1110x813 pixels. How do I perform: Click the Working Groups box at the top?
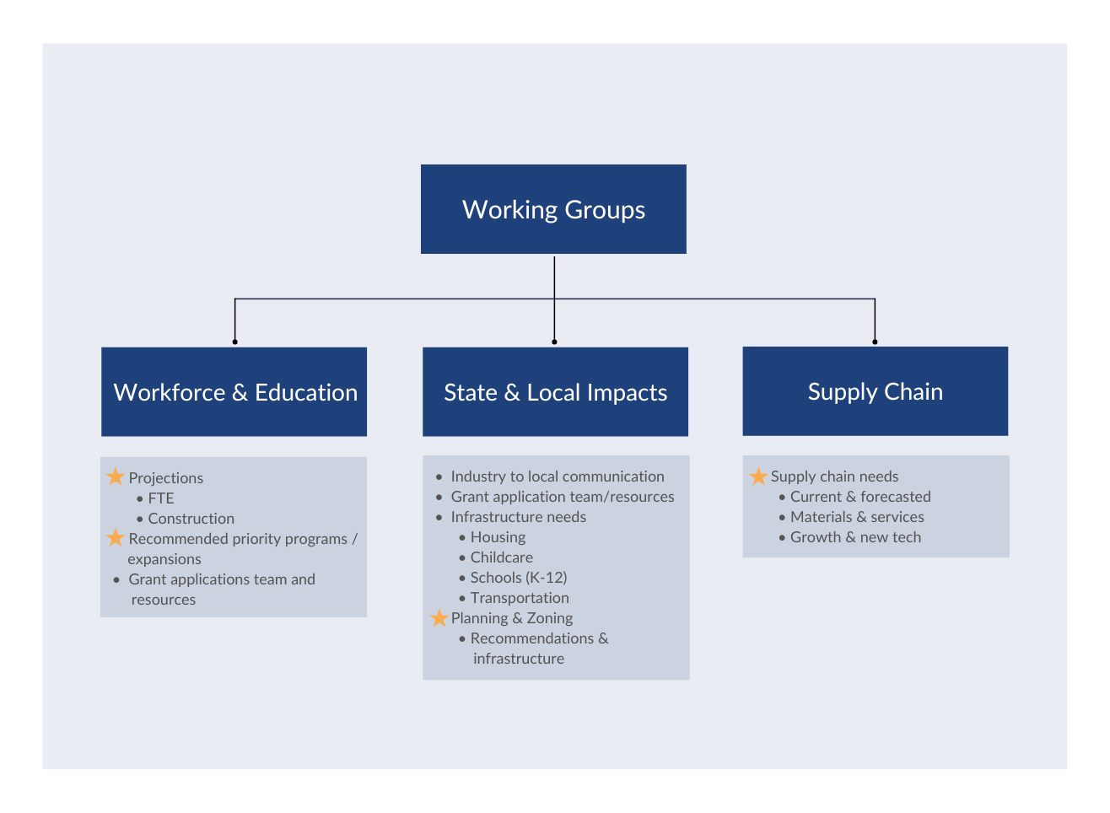pos(553,209)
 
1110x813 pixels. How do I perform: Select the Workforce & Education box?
pos(234,392)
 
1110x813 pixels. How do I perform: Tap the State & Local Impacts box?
pos(555,392)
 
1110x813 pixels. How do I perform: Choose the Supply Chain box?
pos(875,391)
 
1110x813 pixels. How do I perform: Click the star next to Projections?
pos(116,477)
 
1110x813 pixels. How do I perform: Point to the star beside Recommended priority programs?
pos(116,538)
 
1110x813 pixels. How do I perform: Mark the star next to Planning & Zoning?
pos(439,618)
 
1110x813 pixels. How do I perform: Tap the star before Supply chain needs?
pos(758,476)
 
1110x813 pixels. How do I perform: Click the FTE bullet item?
pos(160,498)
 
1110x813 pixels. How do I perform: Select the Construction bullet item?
pos(191,519)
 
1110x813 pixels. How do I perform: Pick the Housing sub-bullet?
pos(498,537)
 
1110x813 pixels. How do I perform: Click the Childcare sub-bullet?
pos(501,557)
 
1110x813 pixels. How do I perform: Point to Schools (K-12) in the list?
pos(518,578)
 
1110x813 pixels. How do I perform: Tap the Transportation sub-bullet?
pos(519,598)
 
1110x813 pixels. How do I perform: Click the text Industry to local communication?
pos(557,476)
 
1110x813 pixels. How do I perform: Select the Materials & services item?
pos(856,517)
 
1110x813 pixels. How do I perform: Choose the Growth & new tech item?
pos(855,537)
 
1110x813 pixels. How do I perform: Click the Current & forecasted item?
pos(859,497)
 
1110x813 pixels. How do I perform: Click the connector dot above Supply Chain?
pos(875,342)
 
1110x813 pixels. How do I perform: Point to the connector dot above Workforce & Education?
pos(234,342)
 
